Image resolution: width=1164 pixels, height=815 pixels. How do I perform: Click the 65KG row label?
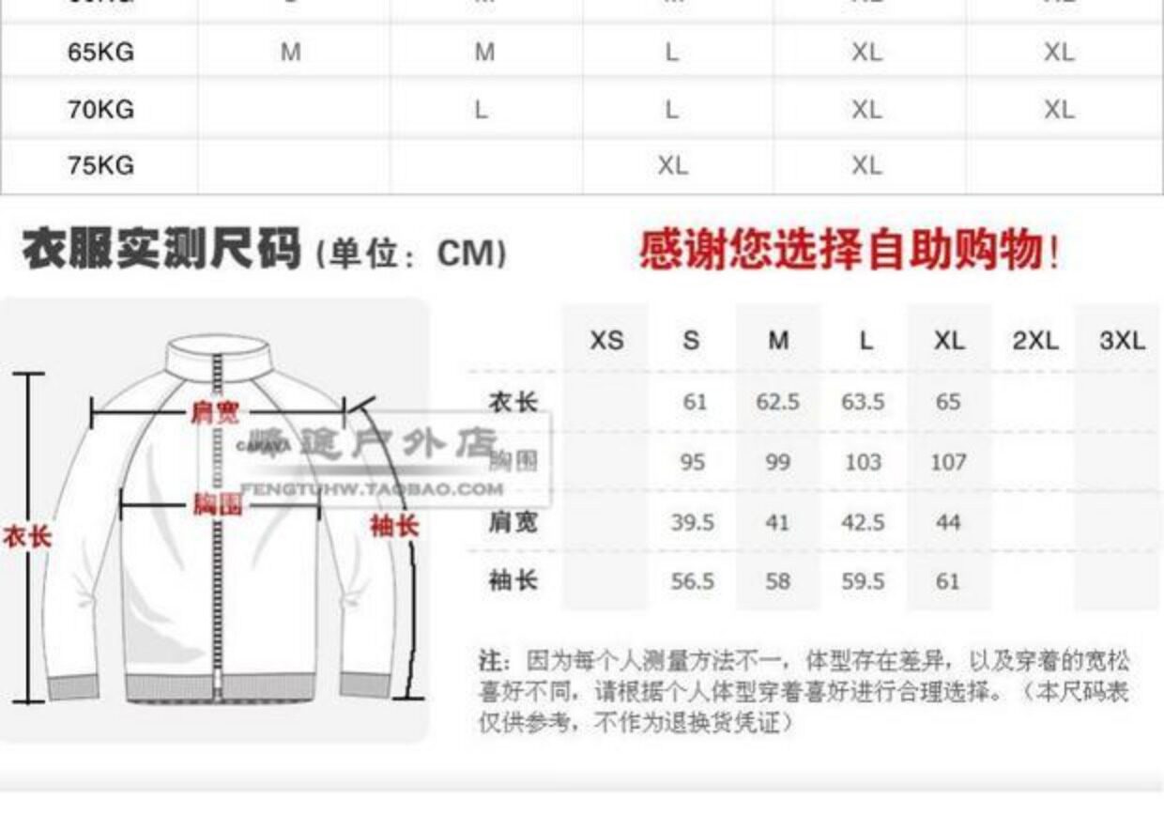click(100, 52)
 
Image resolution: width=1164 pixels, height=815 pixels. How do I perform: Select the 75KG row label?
click(100, 165)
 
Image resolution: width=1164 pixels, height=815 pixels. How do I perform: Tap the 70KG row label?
click(100, 109)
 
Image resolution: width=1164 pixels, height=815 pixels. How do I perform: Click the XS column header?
click(606, 340)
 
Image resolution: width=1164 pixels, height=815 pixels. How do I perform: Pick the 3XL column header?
click(1122, 340)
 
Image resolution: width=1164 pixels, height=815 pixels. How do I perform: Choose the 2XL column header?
click(1035, 340)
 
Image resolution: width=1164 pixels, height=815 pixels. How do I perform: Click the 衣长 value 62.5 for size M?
click(777, 402)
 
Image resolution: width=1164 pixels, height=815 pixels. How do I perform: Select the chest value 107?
click(948, 462)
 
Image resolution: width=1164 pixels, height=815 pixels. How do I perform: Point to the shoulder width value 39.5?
click(692, 522)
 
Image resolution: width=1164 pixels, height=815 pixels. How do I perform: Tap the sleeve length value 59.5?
click(863, 581)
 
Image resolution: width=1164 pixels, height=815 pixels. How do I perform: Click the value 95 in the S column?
click(693, 462)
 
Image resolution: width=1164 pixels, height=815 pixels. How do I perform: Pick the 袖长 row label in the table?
click(513, 580)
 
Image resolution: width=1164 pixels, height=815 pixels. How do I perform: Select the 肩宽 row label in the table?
click(513, 521)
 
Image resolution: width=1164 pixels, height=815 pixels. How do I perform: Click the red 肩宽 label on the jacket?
click(215, 411)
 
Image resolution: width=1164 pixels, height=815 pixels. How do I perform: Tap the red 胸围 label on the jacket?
click(218, 504)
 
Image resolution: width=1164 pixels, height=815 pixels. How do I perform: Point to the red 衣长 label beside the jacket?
click(26, 537)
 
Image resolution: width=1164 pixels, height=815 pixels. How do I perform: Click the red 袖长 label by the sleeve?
click(393, 525)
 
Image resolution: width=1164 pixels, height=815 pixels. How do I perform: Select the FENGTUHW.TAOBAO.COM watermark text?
click(373, 488)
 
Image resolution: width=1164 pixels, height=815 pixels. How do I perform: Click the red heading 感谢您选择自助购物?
click(850, 250)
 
